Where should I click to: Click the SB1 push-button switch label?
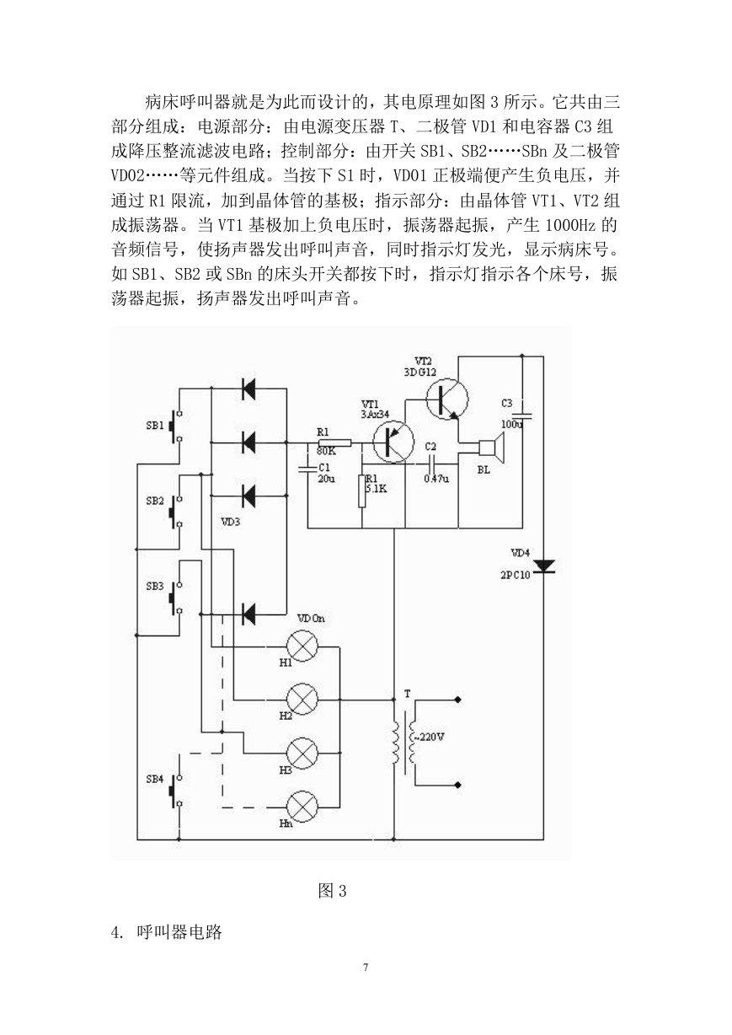pos(155,425)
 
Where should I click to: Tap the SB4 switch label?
pos(155,779)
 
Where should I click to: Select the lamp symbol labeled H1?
pos(302,646)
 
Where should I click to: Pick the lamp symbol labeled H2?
pos(302,700)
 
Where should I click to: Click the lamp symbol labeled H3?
pos(302,753)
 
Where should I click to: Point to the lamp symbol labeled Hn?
pos(302,807)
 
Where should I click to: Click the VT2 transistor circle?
pos(447,400)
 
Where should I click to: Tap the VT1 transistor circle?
pos(393,442)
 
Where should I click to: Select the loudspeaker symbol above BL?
pos(491,448)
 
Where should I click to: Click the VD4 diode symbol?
pos(543,566)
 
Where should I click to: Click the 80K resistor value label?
pos(326,451)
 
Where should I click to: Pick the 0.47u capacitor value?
pos(436,479)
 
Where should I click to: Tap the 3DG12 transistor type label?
pos(419,372)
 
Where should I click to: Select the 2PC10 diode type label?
pos(515,576)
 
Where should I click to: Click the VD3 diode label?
pos(231,522)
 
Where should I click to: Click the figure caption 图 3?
pos(332,890)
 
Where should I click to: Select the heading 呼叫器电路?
pos(179,931)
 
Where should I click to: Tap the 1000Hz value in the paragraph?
pos(569,226)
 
